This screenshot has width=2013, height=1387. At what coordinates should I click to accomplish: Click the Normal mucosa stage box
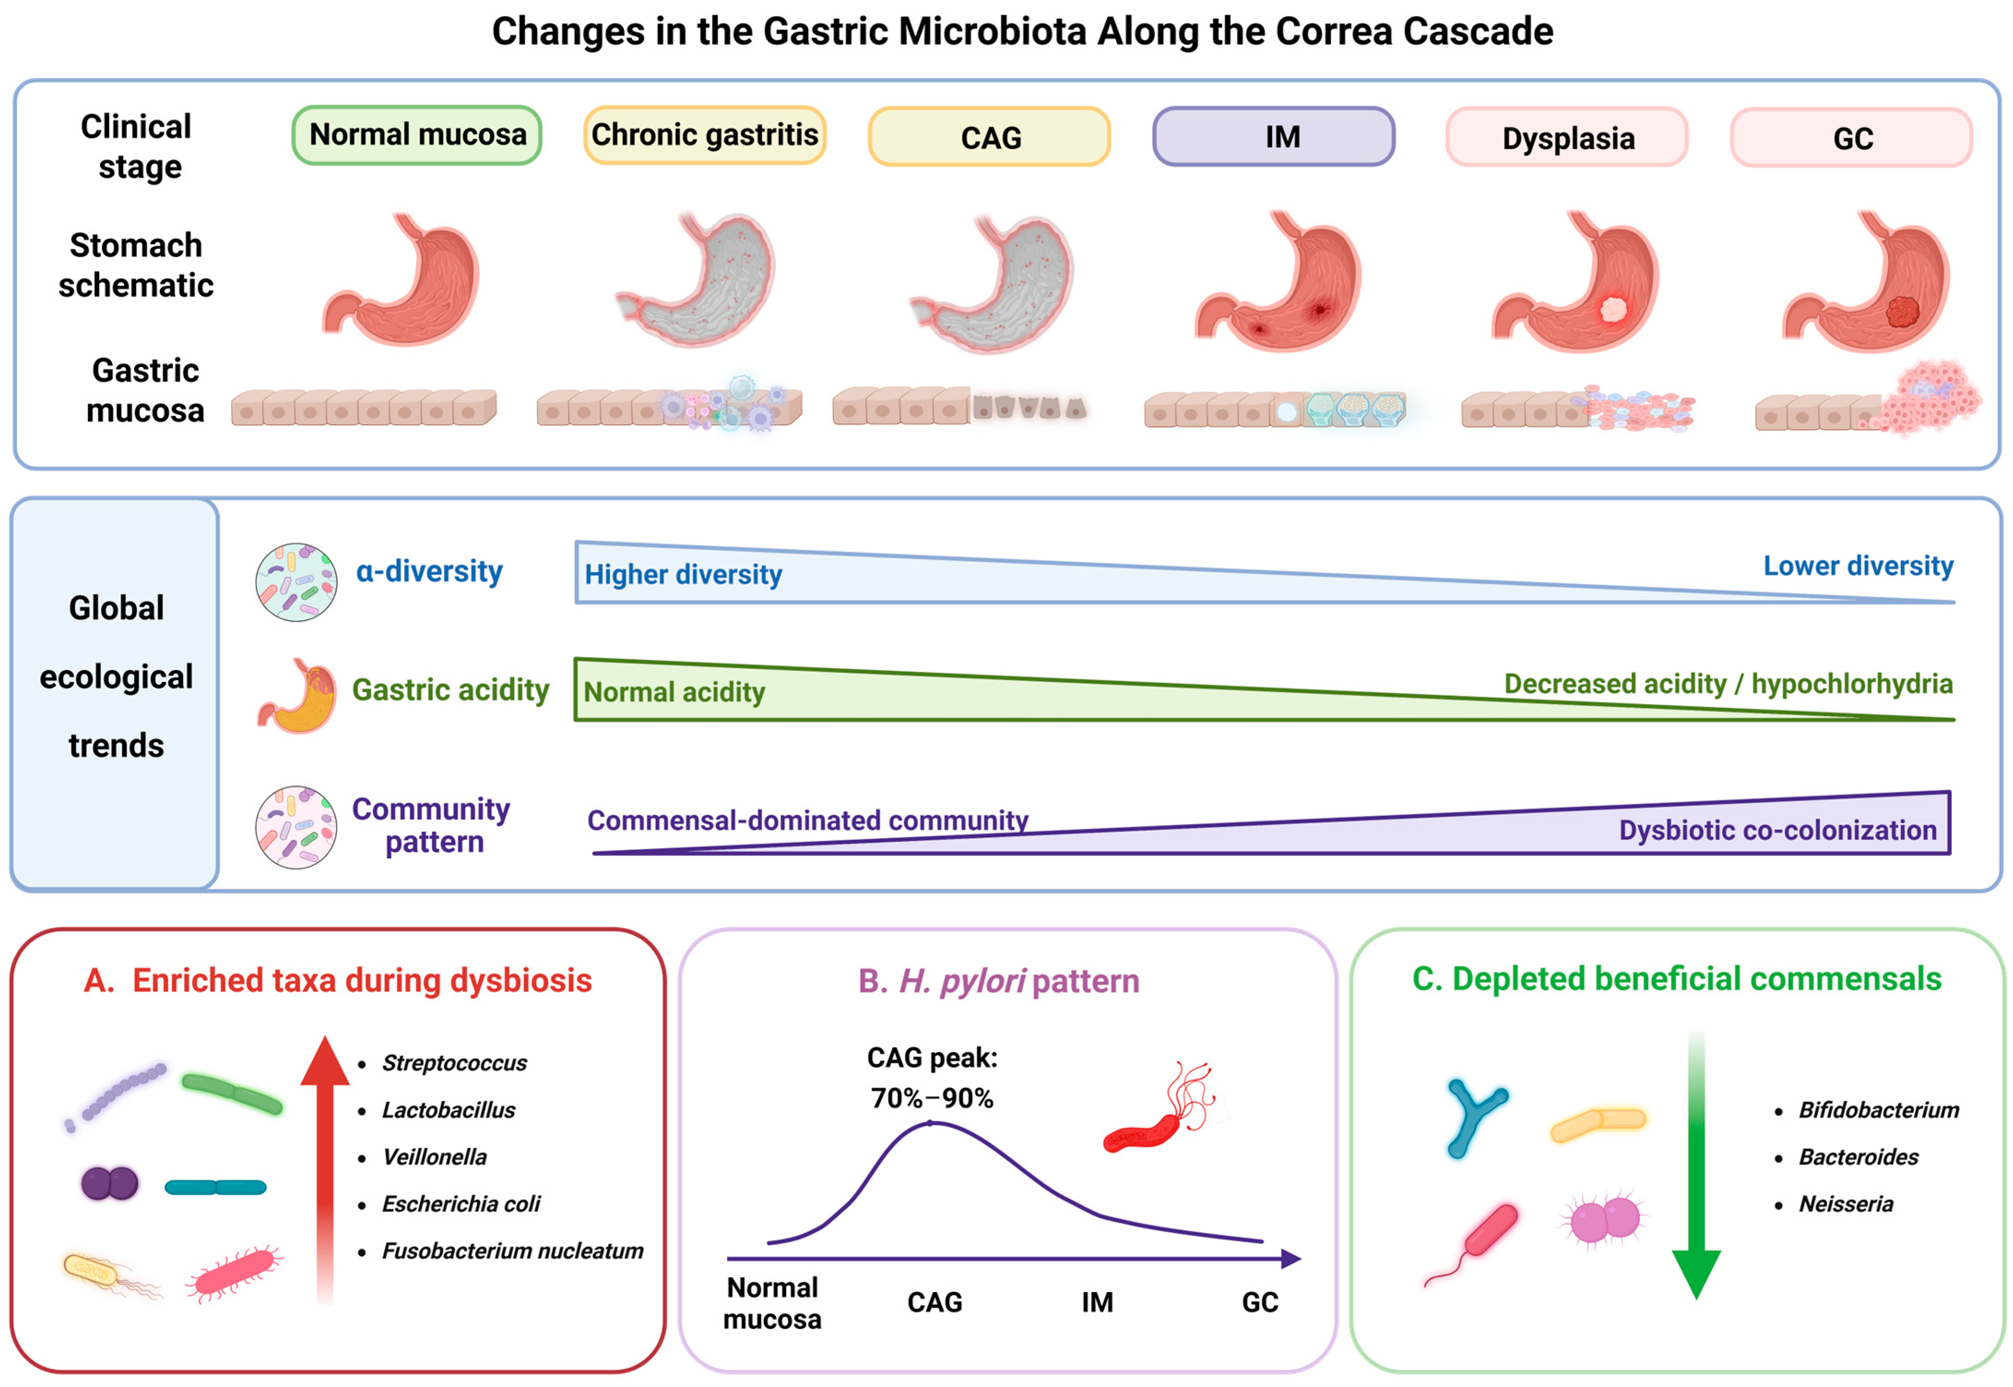click(416, 135)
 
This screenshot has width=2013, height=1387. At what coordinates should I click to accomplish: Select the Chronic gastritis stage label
click(704, 135)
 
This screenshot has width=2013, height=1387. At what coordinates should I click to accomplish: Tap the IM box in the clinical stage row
click(1273, 136)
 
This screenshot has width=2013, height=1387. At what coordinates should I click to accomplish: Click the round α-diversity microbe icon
click(296, 582)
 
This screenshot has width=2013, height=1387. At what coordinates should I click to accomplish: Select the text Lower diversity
click(1858, 566)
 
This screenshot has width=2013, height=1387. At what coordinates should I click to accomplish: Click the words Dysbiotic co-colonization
click(1777, 830)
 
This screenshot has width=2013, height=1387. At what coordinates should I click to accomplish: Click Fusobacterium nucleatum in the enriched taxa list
click(513, 1251)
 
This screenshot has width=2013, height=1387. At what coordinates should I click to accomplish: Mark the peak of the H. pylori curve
click(930, 1123)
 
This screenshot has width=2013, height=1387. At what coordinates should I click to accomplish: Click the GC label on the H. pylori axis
click(1259, 1302)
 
